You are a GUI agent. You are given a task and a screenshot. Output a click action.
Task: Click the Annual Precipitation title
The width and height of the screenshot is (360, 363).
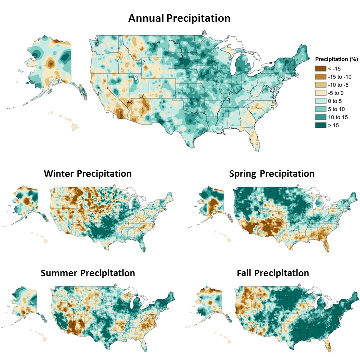(179, 18)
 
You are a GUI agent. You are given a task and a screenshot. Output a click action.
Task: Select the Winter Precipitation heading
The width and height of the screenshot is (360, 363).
(88, 174)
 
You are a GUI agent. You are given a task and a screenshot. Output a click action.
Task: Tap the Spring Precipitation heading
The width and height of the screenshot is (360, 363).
(272, 174)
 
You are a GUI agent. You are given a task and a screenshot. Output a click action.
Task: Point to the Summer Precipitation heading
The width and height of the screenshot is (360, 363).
(88, 273)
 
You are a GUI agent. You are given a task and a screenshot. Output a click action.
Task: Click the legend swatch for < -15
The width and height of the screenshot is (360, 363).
(320, 68)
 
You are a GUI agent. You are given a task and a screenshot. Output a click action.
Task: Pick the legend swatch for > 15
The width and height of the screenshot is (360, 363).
(320, 125)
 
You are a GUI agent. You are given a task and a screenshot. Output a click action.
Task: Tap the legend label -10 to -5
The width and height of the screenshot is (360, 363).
(340, 84)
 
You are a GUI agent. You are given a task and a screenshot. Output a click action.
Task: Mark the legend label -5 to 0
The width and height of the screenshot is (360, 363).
(338, 92)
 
